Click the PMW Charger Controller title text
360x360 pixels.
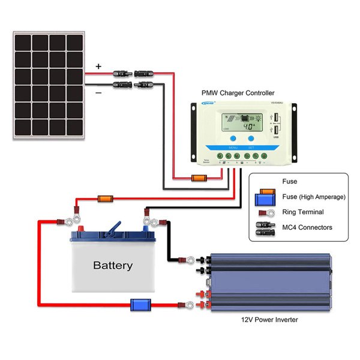click(238, 93)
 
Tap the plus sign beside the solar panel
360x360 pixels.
click(98, 67)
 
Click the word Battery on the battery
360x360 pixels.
click(113, 265)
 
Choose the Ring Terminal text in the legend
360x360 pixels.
click(302, 212)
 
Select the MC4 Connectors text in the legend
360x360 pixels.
click(307, 227)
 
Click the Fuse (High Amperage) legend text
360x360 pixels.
click(314, 197)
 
